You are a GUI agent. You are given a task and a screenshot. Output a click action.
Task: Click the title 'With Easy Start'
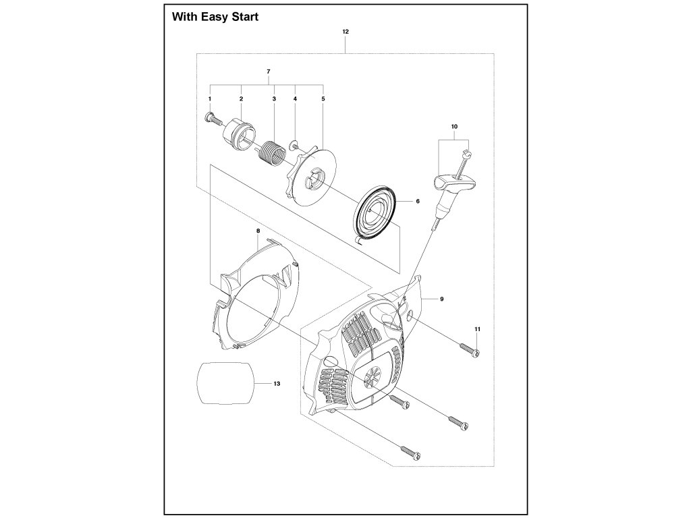click(215, 17)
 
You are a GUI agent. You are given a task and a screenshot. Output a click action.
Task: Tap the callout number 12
click(345, 32)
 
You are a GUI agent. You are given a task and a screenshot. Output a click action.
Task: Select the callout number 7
click(268, 71)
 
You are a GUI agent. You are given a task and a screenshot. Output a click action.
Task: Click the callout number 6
click(418, 201)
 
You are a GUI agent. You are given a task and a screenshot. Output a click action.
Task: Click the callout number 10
click(454, 126)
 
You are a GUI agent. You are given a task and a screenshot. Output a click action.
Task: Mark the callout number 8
click(258, 231)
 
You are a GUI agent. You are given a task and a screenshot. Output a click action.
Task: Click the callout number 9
click(441, 298)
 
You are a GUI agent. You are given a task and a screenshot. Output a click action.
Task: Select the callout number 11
click(477, 328)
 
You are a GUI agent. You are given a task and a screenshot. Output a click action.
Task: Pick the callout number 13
click(276, 383)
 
